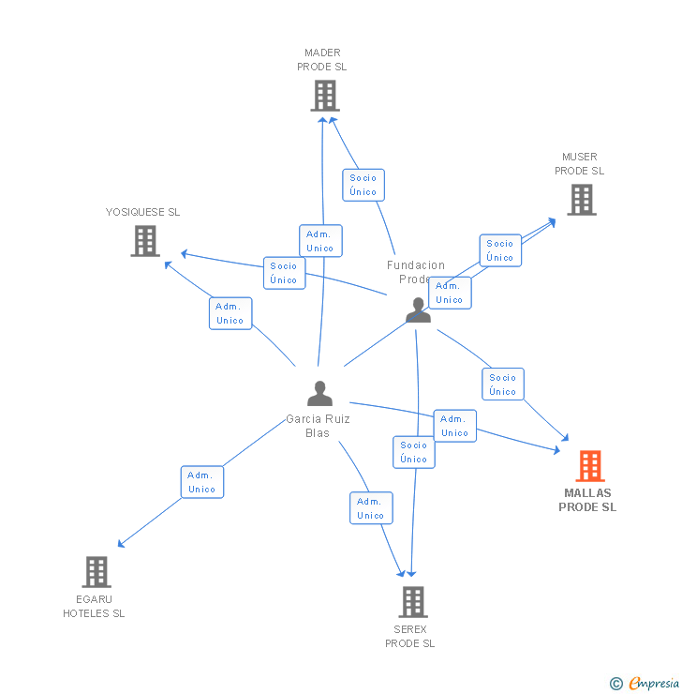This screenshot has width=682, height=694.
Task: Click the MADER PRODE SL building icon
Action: [324, 96]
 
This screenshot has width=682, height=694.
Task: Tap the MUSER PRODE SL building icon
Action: [581, 200]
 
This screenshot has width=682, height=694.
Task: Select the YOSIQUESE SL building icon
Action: [144, 241]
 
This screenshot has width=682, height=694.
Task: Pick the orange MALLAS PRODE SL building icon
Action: [589, 466]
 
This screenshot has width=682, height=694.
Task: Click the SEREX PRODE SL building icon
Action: [412, 602]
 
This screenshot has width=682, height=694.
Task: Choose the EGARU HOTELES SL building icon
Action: [96, 572]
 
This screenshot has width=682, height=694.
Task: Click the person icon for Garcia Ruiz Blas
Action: [319, 393]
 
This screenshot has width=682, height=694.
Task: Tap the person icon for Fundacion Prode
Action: [418, 309]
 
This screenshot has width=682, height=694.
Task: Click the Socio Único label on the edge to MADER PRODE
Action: [363, 185]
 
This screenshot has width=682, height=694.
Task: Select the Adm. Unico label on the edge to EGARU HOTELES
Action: [201, 482]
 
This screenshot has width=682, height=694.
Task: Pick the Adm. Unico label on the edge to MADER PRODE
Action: [320, 241]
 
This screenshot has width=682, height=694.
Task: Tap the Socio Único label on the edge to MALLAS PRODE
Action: [503, 385]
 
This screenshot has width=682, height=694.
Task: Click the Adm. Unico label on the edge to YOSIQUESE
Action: [230, 313]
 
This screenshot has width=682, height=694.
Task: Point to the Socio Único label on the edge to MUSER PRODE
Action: [500, 250]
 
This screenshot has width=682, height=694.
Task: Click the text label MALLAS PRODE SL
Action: [587, 500]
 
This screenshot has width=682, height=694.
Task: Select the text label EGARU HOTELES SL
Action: [94, 606]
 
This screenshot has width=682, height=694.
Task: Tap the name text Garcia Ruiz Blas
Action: [319, 426]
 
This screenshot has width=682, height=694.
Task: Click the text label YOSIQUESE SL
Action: [142, 212]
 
